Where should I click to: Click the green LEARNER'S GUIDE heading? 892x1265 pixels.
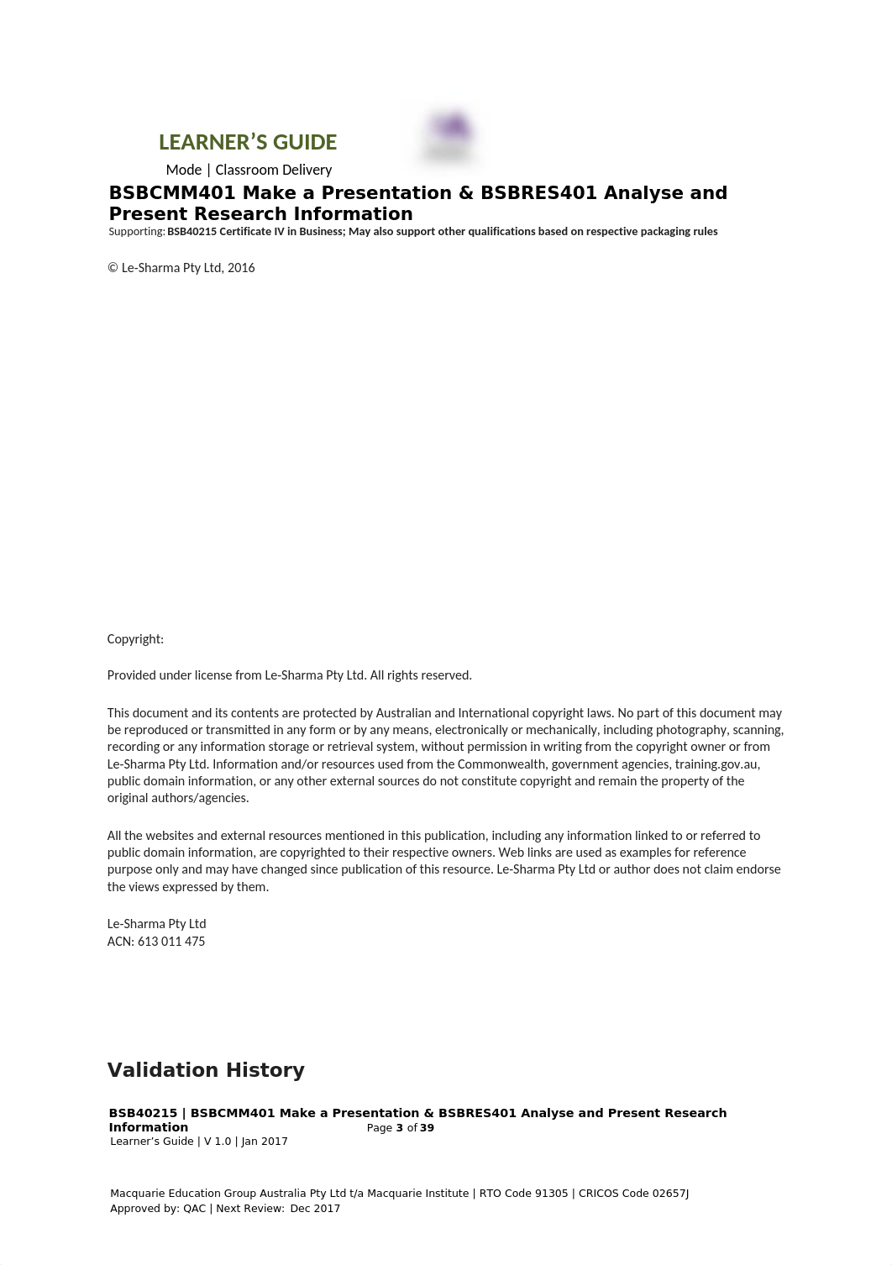point(248,142)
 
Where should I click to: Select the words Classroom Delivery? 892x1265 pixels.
point(274,170)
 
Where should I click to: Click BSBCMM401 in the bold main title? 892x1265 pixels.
point(172,193)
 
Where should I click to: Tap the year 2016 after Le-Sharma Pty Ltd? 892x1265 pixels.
point(241,268)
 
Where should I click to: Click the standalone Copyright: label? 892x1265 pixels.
point(135,639)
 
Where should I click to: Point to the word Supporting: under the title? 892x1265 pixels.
point(137,232)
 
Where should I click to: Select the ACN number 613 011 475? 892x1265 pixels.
point(171,942)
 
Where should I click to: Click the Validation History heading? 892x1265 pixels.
point(206,1070)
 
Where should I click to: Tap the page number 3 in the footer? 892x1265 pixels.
point(400,1128)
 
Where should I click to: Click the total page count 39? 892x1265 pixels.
point(427,1128)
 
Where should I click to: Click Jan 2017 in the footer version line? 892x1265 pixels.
point(265,1142)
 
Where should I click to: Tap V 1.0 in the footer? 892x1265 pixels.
point(218,1142)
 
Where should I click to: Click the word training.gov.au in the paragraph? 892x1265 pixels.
point(716,764)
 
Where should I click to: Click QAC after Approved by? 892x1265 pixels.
point(194,1209)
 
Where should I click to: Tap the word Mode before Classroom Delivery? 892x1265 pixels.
point(184,170)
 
